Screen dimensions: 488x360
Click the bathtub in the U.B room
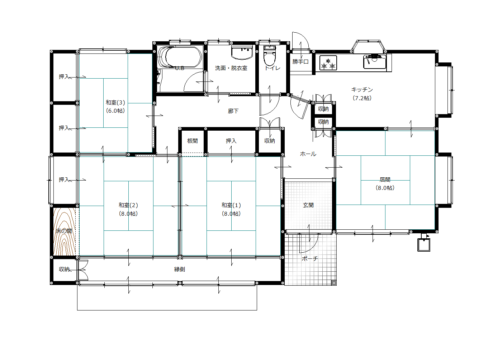[180, 57]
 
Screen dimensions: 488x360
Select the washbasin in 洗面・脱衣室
[242, 52]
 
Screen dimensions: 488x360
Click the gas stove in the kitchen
[328, 63]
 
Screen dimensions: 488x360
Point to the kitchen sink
[374, 62]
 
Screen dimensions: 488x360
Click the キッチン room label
[362, 90]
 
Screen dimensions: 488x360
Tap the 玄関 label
[308, 205]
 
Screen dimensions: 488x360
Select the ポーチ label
[310, 259]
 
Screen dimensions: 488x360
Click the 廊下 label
[233, 111]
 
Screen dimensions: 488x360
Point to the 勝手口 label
[300, 62]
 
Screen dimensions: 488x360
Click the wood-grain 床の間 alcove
[65, 232]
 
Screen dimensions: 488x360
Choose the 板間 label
[193, 141]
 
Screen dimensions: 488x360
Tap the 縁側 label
[180, 269]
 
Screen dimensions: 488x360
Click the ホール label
[308, 154]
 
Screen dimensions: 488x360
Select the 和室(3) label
[115, 103]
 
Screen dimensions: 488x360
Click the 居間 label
[385, 180]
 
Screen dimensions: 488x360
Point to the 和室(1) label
[231, 205]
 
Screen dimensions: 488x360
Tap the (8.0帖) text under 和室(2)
[128, 214]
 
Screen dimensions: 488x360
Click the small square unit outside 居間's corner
[424, 245]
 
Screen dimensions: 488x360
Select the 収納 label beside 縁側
[64, 269]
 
